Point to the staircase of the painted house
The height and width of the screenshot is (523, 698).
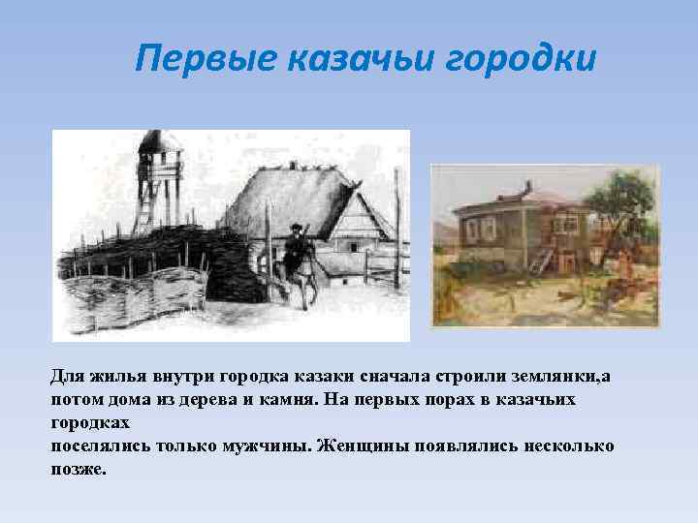[x=543, y=258]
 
